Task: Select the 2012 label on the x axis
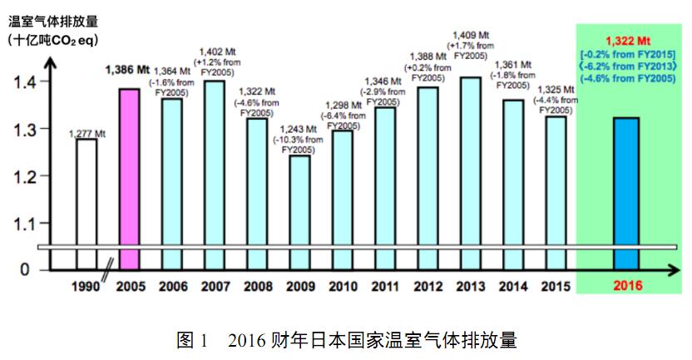(428, 286)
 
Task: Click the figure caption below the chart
(347, 339)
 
